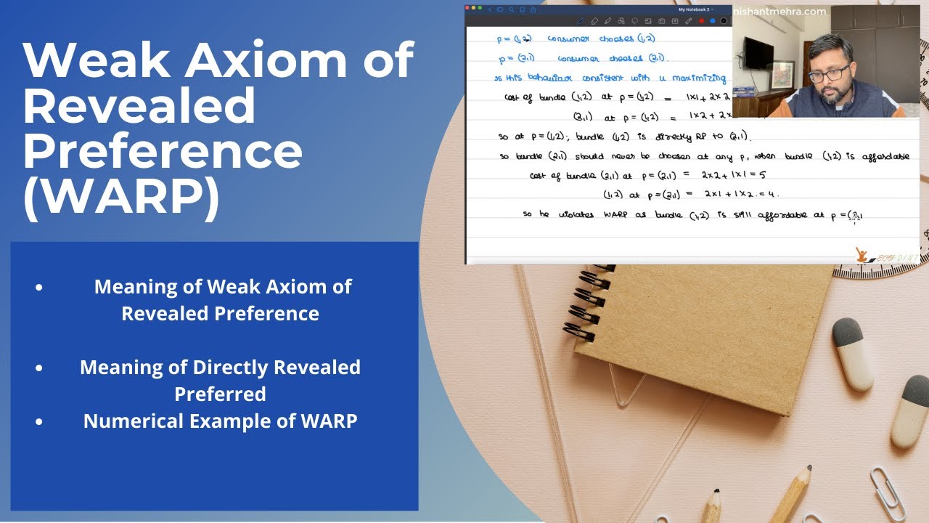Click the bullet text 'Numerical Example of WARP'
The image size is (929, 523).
(220, 421)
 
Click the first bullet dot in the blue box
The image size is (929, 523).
(38, 287)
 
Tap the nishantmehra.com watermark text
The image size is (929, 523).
(779, 12)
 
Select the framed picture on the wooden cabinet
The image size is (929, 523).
(782, 74)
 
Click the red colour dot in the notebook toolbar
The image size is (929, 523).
(701, 21)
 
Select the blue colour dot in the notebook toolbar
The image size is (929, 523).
(712, 21)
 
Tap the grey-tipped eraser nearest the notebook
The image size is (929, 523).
(851, 352)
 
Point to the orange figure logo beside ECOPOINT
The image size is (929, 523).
(862, 254)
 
